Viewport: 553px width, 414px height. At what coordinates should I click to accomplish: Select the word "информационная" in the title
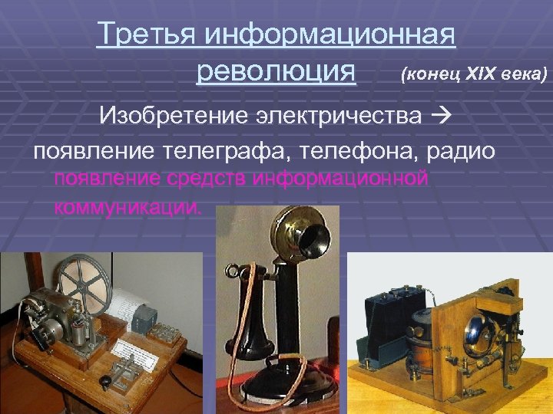click(331, 34)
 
